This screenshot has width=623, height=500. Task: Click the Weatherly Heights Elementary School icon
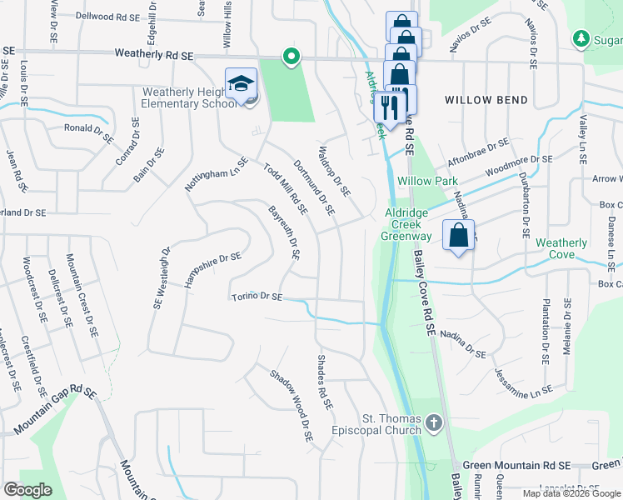tap(241, 85)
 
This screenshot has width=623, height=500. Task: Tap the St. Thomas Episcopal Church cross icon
tap(433, 424)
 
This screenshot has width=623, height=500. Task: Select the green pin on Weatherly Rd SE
tap(291, 57)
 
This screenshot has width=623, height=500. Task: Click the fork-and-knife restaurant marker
tap(387, 107)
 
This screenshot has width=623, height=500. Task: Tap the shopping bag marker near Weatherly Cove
tap(458, 237)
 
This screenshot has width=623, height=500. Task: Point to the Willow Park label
tap(427, 181)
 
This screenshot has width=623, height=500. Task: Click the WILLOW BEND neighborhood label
tap(486, 100)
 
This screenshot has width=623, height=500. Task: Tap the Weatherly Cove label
tap(561, 248)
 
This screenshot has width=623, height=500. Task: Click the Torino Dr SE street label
tap(257, 297)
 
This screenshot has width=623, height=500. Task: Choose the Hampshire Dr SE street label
tap(212, 270)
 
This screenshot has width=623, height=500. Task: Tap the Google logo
tap(28, 490)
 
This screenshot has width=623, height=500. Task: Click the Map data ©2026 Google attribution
tap(571, 493)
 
